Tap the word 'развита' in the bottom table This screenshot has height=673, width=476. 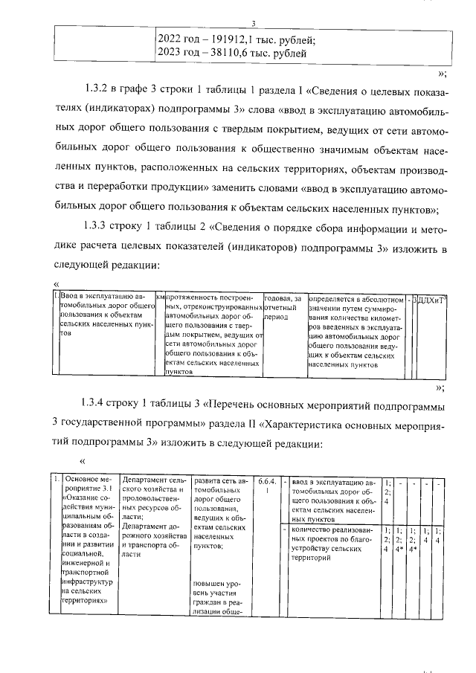[x=209, y=480]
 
